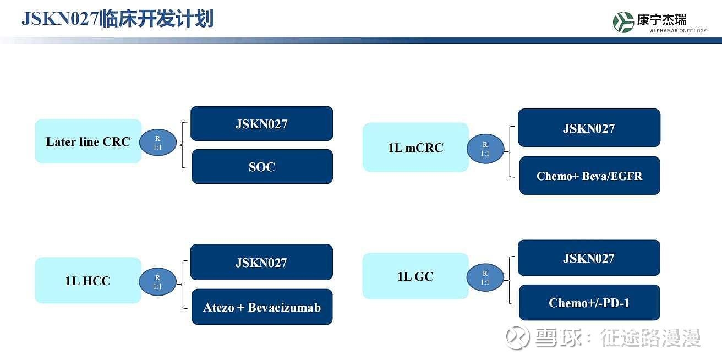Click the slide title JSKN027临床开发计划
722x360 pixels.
click(118, 19)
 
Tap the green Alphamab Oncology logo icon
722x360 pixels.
click(623, 22)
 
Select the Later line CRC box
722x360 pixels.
click(88, 141)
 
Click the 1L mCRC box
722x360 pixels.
click(415, 148)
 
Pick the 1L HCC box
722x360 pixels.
click(88, 280)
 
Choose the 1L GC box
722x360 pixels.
click(415, 276)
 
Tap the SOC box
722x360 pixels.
click(262, 167)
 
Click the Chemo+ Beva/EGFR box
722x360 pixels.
click(589, 176)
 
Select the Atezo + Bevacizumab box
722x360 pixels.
click(262, 307)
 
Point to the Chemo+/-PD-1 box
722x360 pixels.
click(589, 303)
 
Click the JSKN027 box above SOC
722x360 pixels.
click(261, 124)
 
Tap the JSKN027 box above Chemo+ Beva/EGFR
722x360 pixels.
click(589, 128)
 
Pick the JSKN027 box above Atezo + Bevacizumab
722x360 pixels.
click(261, 262)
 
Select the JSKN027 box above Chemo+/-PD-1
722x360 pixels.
click(589, 258)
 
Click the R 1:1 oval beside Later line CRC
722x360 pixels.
click(158, 143)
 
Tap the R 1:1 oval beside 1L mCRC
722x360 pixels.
click(485, 149)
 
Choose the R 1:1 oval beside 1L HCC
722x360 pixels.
click(157, 282)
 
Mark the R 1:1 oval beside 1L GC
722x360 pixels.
click(485, 277)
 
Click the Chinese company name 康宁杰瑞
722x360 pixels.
click(661, 20)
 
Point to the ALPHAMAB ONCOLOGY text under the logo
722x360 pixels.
click(678, 31)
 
